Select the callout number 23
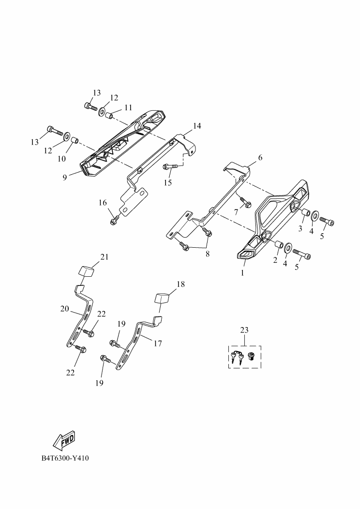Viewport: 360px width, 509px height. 244,330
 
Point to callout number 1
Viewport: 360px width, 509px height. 243,273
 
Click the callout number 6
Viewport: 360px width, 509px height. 260,158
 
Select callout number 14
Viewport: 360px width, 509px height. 196,126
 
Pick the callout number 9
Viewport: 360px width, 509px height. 65,178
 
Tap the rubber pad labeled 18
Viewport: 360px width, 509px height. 162,297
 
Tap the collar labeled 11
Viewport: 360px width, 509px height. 110,116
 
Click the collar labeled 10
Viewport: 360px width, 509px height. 75,141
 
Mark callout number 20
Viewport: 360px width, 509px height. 65,308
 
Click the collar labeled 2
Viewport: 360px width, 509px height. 278,246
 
